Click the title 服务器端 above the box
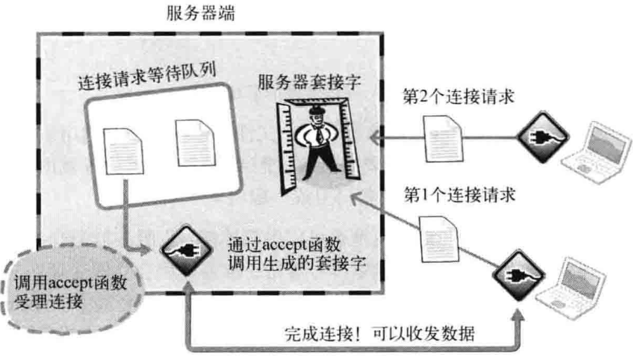tap(203, 13)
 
